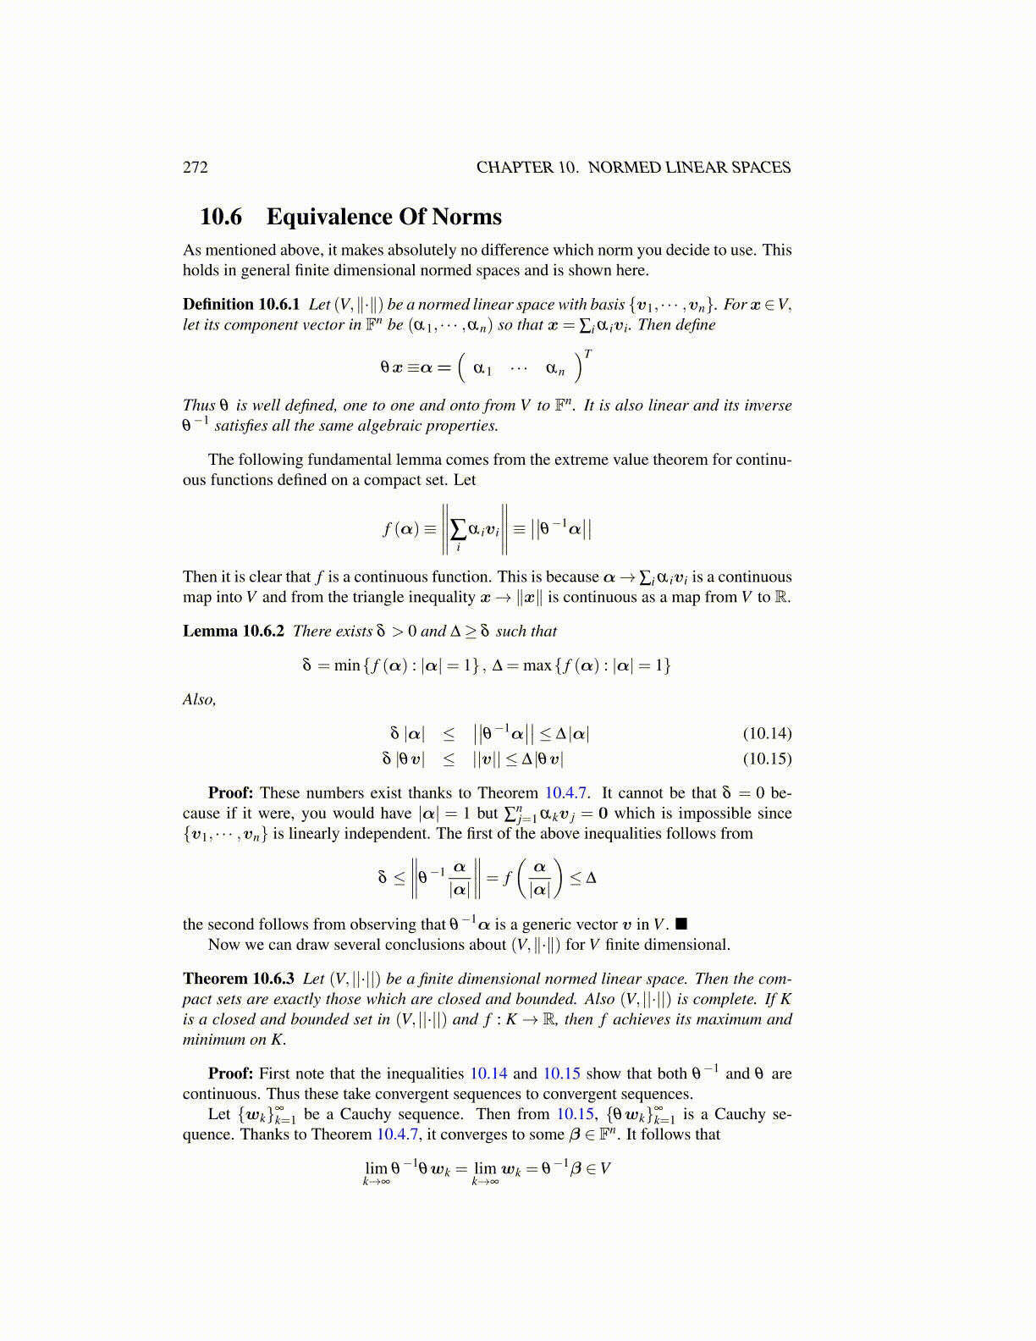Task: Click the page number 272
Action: tap(195, 167)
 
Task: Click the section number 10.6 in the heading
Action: tap(220, 217)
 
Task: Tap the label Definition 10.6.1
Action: tap(241, 304)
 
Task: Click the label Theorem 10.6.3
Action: tap(239, 979)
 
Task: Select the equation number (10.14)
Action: tap(767, 733)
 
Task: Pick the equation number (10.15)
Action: tap(767, 759)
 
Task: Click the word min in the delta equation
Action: tap(347, 665)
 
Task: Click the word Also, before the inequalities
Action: tap(200, 699)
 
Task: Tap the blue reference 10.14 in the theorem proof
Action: tap(488, 1073)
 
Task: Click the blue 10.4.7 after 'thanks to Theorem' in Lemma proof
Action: tap(567, 793)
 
